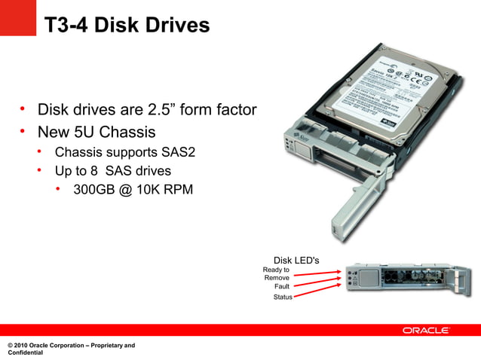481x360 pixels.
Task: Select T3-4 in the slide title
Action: click(66, 25)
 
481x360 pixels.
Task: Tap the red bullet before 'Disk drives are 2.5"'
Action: click(23, 110)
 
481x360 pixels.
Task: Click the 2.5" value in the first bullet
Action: click(167, 110)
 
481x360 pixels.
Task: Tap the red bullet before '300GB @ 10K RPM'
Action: click(59, 190)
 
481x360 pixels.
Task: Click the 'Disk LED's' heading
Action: click(296, 261)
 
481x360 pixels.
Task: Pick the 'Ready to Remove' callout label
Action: click(276, 273)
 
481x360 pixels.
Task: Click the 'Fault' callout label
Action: click(281, 286)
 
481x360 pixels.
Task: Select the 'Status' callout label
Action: click(283, 297)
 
